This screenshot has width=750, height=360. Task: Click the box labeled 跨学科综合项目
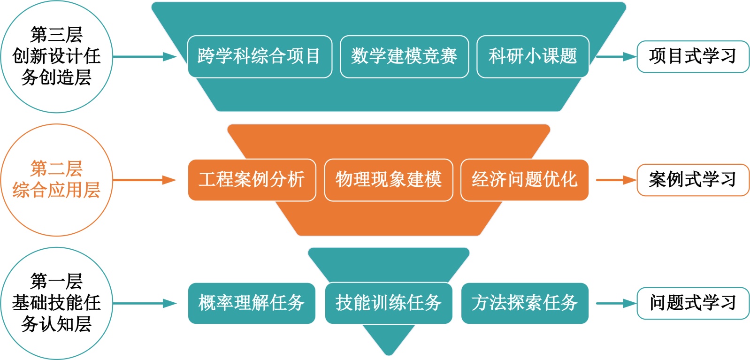click(x=260, y=56)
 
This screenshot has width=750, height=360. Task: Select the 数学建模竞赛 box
click(x=404, y=56)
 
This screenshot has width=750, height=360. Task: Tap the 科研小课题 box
click(x=533, y=56)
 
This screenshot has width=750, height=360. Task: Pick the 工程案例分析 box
click(x=252, y=180)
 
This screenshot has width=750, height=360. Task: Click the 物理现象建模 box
click(x=389, y=180)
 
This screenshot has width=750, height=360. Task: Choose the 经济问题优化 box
click(x=524, y=180)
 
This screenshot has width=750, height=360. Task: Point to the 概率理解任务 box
click(x=252, y=303)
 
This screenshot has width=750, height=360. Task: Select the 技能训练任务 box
click(x=389, y=303)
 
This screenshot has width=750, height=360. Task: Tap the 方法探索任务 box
click(x=524, y=303)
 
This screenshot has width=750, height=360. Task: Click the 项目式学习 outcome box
click(x=693, y=57)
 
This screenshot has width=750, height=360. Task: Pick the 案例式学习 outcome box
click(x=693, y=180)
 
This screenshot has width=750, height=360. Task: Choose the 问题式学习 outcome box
click(x=693, y=303)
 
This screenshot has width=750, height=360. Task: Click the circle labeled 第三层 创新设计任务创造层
click(x=56, y=56)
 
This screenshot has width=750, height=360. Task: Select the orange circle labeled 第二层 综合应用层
click(x=56, y=180)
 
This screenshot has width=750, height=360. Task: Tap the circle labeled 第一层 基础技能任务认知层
click(x=56, y=303)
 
